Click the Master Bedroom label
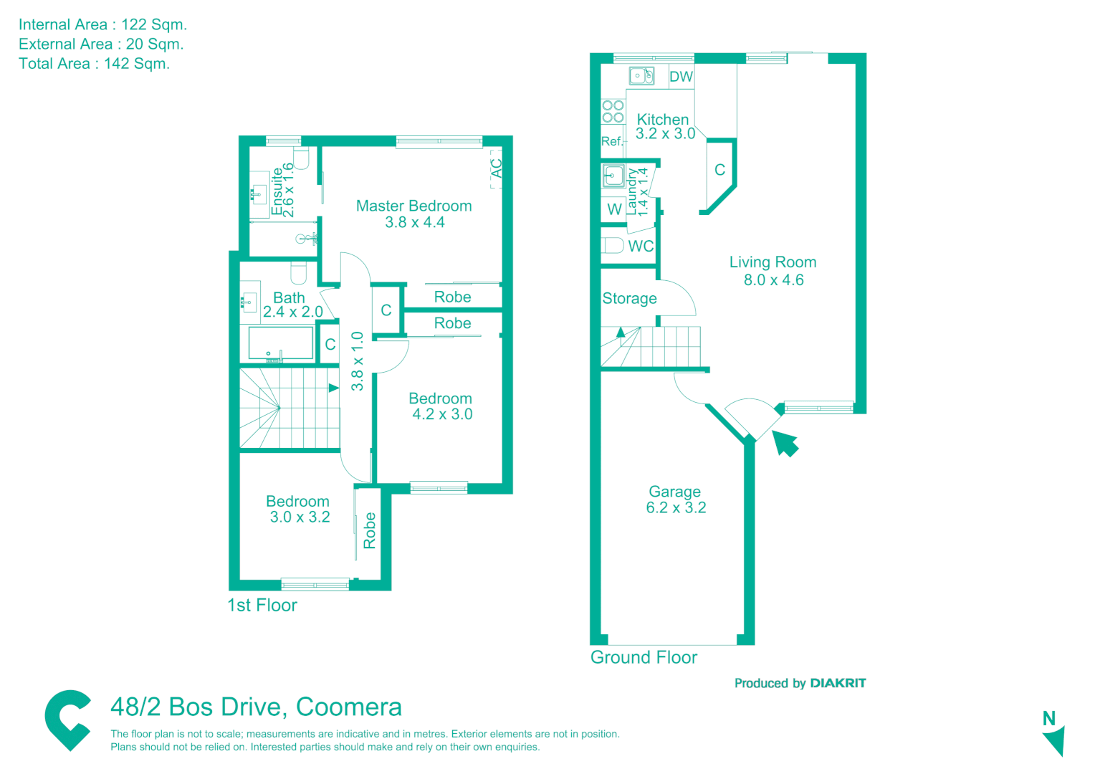pos(413,206)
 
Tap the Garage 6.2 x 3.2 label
pos(675,500)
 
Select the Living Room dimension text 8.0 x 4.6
pos(773,280)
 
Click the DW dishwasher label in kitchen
pos(681,77)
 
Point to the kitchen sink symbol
pos(641,75)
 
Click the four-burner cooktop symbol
pos(613,111)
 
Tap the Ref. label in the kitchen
pos(611,141)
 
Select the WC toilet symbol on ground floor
pos(613,246)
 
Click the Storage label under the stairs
pos(629,299)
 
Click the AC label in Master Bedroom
pos(497,168)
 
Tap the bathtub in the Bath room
pos(280,343)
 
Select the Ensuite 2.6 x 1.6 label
pos(282,190)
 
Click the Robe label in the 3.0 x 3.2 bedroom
pos(370,530)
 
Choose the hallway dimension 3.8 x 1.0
pos(357,361)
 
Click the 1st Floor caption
pos(262,606)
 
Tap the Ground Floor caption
pos(644,657)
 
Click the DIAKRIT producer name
pos(838,683)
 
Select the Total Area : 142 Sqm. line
pos(94,64)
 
